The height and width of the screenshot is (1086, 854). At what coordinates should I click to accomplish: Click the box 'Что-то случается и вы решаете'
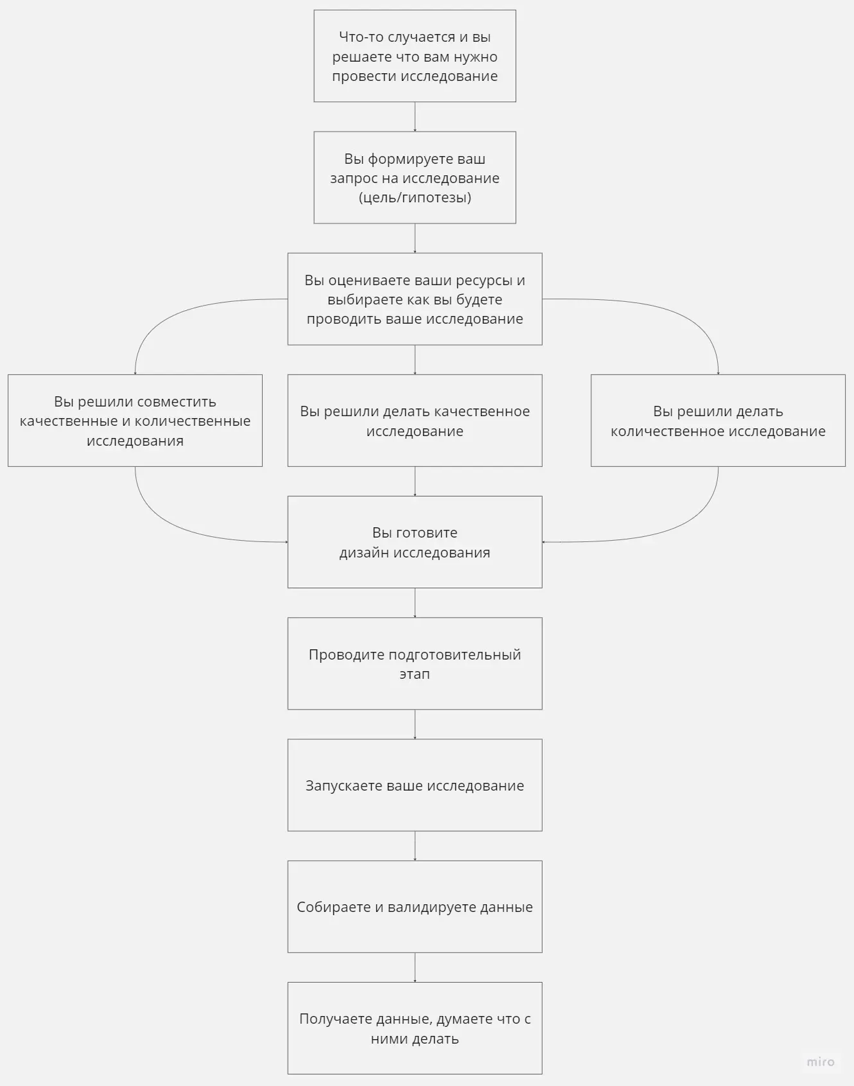(415, 56)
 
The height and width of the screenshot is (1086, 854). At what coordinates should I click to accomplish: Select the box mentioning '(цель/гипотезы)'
(415, 178)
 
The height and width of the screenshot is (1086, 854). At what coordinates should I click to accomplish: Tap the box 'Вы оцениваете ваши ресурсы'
(415, 299)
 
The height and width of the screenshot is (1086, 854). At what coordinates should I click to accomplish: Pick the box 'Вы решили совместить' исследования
(135, 421)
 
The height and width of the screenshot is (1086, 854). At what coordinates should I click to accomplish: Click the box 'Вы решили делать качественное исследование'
(415, 421)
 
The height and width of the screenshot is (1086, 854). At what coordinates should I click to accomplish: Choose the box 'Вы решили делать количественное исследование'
(718, 421)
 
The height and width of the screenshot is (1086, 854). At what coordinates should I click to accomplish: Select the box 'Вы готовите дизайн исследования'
(415, 542)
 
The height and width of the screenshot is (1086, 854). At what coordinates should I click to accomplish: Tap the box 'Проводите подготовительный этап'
(415, 663)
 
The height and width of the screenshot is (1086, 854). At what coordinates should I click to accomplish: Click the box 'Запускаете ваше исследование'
(415, 785)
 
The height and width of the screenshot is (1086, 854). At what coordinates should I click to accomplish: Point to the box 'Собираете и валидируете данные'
(415, 906)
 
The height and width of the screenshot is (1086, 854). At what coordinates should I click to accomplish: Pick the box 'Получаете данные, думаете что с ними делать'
(415, 1028)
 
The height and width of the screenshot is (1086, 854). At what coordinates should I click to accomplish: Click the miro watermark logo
(821, 1062)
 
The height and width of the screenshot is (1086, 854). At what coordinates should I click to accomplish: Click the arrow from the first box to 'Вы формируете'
(415, 117)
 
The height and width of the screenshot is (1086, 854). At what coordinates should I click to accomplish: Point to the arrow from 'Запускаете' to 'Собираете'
(415, 846)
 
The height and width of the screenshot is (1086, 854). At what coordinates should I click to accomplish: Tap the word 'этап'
(415, 674)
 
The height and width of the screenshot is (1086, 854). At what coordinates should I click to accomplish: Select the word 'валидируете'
(431, 907)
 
